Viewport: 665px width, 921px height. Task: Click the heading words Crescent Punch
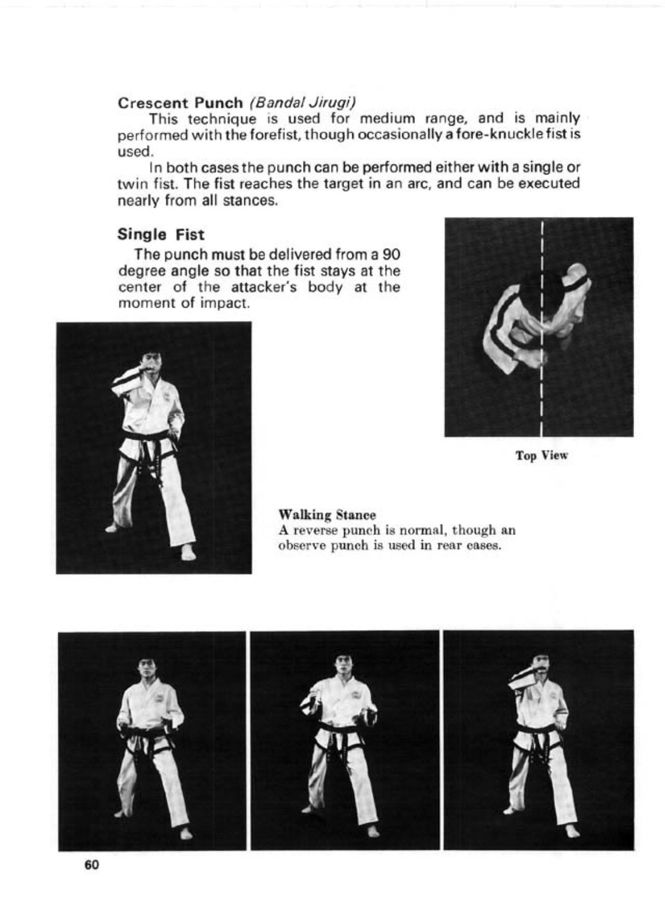(180, 102)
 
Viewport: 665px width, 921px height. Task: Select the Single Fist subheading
(160, 234)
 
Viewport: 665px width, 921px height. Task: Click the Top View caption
(541, 456)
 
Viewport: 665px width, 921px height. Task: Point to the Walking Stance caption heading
(327, 514)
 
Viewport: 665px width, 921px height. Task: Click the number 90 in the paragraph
(390, 255)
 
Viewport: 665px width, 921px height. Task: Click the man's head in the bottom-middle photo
(342, 665)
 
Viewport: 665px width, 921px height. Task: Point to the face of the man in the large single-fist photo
(150, 365)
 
